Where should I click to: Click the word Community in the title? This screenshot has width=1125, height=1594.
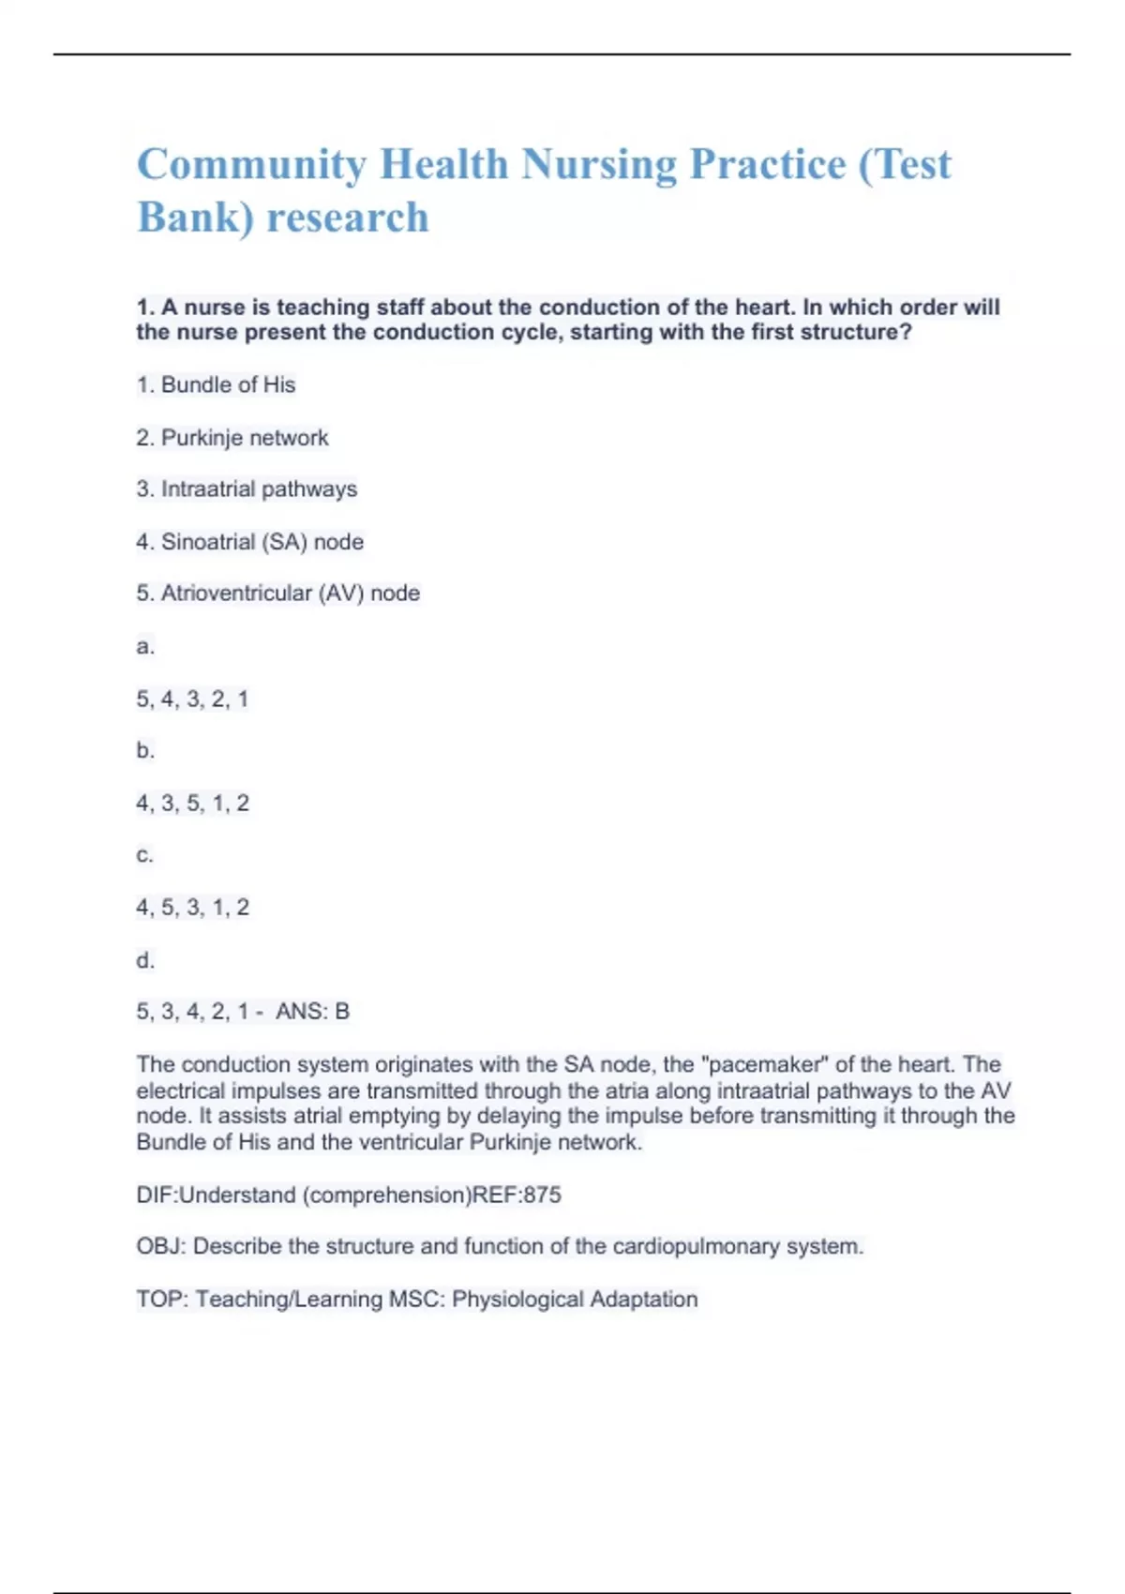click(x=251, y=165)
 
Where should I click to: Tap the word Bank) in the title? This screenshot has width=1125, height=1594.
click(x=195, y=218)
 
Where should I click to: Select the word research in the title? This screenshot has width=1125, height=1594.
click(x=348, y=218)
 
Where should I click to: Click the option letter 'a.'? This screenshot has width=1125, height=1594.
click(x=145, y=646)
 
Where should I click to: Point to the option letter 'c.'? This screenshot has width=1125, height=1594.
click(x=144, y=855)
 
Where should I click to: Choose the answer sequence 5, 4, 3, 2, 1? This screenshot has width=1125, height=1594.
click(x=192, y=699)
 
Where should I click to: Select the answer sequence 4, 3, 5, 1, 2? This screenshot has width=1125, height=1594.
click(x=192, y=804)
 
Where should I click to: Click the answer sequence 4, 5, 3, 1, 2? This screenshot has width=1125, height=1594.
click(x=192, y=908)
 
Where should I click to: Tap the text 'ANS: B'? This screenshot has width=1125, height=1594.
click(x=312, y=1012)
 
